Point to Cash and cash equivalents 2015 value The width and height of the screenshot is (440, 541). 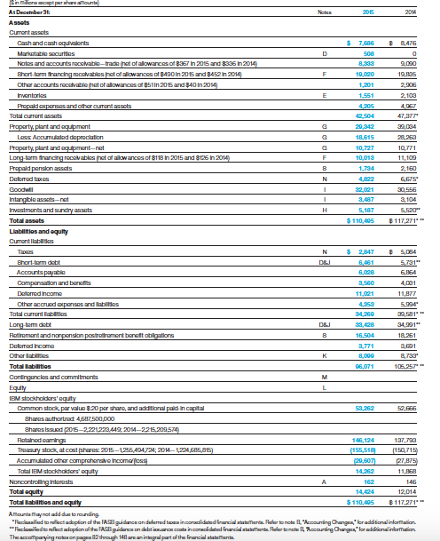pos(364,43)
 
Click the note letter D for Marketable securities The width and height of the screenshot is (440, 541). pos(302,52)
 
